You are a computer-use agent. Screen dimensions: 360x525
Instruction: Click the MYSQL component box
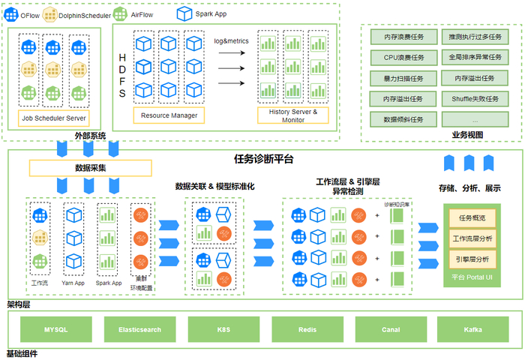click(x=56, y=329)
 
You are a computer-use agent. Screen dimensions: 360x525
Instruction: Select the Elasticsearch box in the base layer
click(x=139, y=329)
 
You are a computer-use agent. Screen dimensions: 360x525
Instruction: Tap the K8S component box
click(x=223, y=329)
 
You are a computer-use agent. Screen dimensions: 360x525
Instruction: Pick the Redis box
click(x=306, y=329)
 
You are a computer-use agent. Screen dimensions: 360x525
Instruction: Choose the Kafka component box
click(x=472, y=329)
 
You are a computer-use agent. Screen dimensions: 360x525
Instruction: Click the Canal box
click(x=390, y=329)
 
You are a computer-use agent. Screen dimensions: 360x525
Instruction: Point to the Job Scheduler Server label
click(x=54, y=118)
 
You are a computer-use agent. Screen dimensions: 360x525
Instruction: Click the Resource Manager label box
click(x=168, y=115)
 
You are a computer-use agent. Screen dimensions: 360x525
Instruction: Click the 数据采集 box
click(x=90, y=168)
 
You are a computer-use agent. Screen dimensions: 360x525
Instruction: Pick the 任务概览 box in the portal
click(x=472, y=218)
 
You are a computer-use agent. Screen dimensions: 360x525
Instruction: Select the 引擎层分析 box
click(x=472, y=259)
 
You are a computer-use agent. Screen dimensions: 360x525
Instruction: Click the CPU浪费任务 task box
click(x=403, y=57)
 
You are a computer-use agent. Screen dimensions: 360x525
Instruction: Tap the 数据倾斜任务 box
click(x=403, y=120)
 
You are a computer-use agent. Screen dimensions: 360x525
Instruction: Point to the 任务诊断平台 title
click(x=264, y=159)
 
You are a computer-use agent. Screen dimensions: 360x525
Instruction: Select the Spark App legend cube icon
click(x=184, y=13)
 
